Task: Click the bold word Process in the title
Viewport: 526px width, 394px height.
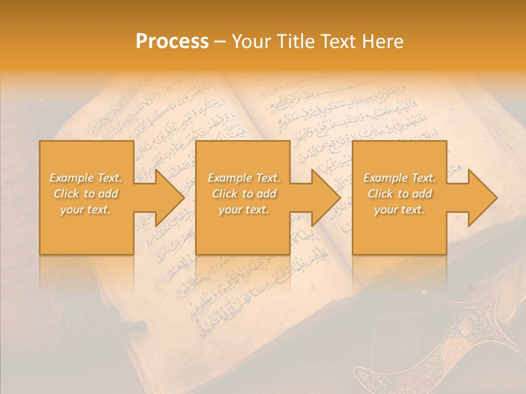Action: tap(172, 42)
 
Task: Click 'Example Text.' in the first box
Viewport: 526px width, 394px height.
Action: tap(86, 178)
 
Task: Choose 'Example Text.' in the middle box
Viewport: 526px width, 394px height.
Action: tap(244, 178)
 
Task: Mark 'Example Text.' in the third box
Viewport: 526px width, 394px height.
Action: tap(399, 178)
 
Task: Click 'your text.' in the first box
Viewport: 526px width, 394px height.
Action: tap(85, 210)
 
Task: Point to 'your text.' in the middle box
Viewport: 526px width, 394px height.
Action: tap(243, 210)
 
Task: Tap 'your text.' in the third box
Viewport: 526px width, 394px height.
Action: tap(399, 210)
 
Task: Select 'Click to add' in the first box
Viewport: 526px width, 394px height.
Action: tap(86, 194)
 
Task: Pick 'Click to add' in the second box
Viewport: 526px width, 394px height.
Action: tap(244, 194)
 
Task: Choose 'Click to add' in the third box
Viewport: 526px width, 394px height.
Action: tap(399, 194)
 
